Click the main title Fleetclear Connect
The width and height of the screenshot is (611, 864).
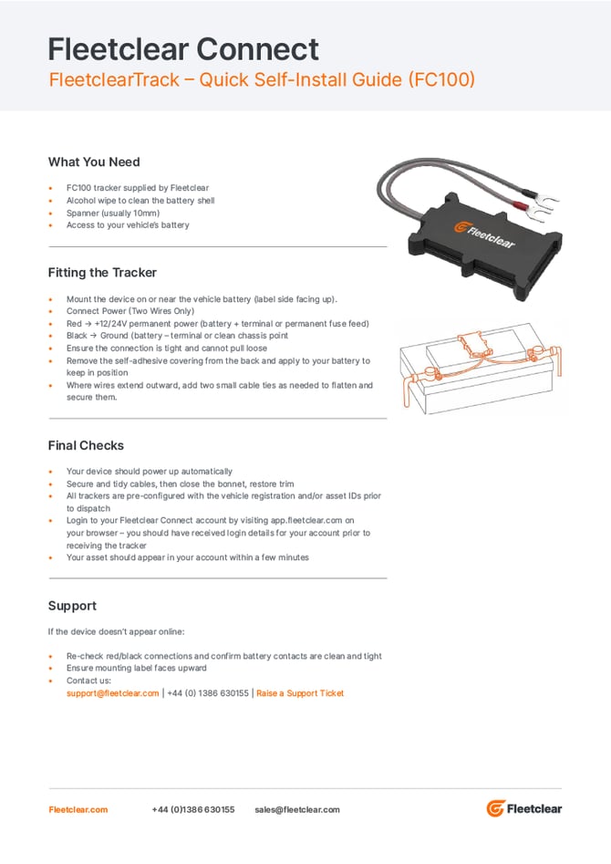(x=183, y=49)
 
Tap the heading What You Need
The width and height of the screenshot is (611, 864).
(x=94, y=162)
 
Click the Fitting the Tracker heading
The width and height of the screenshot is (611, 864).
(x=102, y=273)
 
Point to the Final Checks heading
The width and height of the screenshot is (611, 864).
(x=86, y=445)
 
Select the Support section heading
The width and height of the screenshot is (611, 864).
(x=72, y=606)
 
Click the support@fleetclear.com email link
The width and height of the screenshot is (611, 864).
(x=112, y=693)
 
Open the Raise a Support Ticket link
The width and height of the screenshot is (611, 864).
(x=300, y=693)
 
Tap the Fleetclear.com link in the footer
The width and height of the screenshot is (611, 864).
(x=78, y=809)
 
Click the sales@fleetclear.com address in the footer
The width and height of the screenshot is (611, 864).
(x=297, y=809)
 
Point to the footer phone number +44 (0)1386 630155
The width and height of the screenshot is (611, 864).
(x=192, y=809)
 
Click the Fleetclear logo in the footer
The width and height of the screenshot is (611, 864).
(x=524, y=808)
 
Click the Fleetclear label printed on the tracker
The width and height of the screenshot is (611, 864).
(x=485, y=234)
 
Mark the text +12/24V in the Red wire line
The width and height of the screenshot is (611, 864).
(x=110, y=324)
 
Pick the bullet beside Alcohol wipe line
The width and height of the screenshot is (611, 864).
(x=51, y=201)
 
